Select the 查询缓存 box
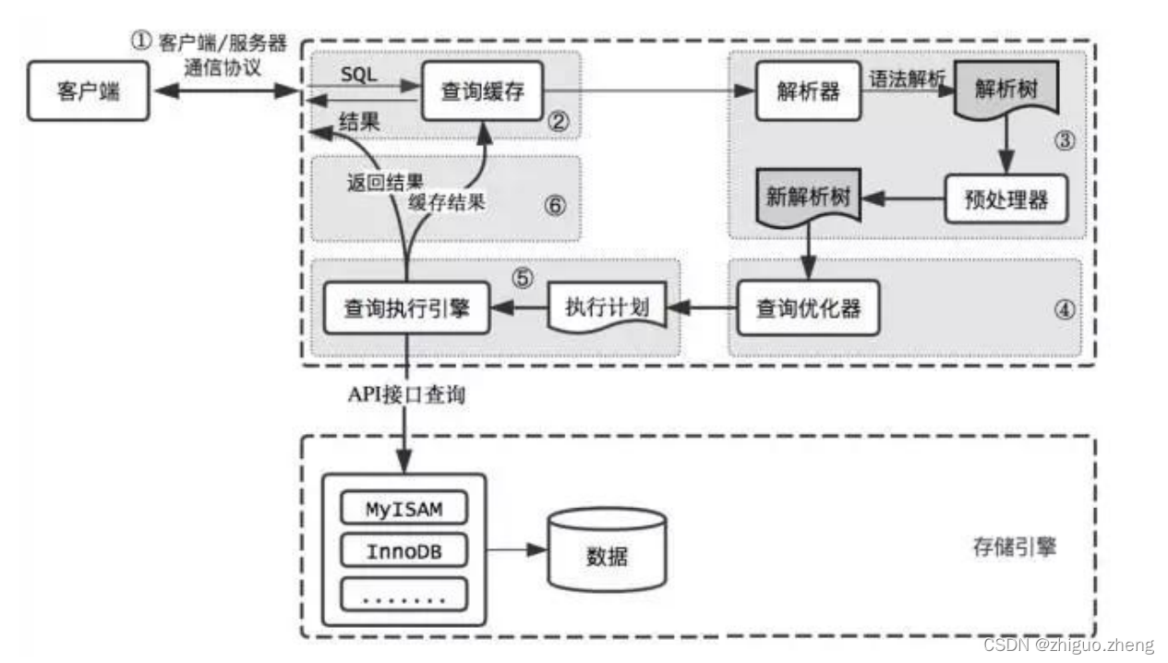click(481, 91)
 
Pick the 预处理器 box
click(1005, 199)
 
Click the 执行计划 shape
click(608, 307)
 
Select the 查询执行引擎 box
click(406, 308)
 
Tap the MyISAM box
click(404, 510)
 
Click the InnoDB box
click(404, 551)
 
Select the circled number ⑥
click(554, 205)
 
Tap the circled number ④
click(1066, 310)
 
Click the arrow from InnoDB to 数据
click(516, 551)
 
